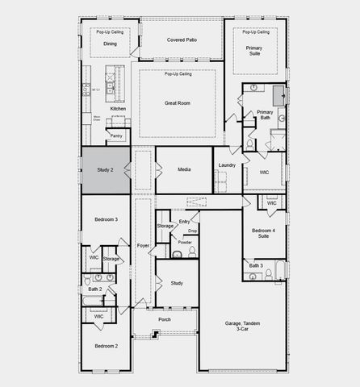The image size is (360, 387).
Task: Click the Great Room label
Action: click(178, 103)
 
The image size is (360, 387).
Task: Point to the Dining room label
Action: click(110, 44)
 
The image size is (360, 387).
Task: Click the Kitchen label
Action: click(118, 108)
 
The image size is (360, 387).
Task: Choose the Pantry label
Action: click(116, 136)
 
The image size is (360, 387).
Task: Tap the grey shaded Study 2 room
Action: click(105, 170)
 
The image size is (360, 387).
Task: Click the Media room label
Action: click(183, 169)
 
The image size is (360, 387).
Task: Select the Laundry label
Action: click(227, 165)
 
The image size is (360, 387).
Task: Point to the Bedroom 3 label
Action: click(106, 219)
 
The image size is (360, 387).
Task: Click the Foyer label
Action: click(143, 245)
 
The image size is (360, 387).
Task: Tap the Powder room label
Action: click(185, 242)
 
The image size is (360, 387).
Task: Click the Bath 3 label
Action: click(255, 265)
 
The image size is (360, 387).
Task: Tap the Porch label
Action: click(165, 319)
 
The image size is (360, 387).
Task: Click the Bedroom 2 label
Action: click(106, 346)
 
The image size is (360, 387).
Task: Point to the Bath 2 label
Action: click(94, 289)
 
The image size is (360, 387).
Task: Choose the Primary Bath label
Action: click(265, 115)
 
